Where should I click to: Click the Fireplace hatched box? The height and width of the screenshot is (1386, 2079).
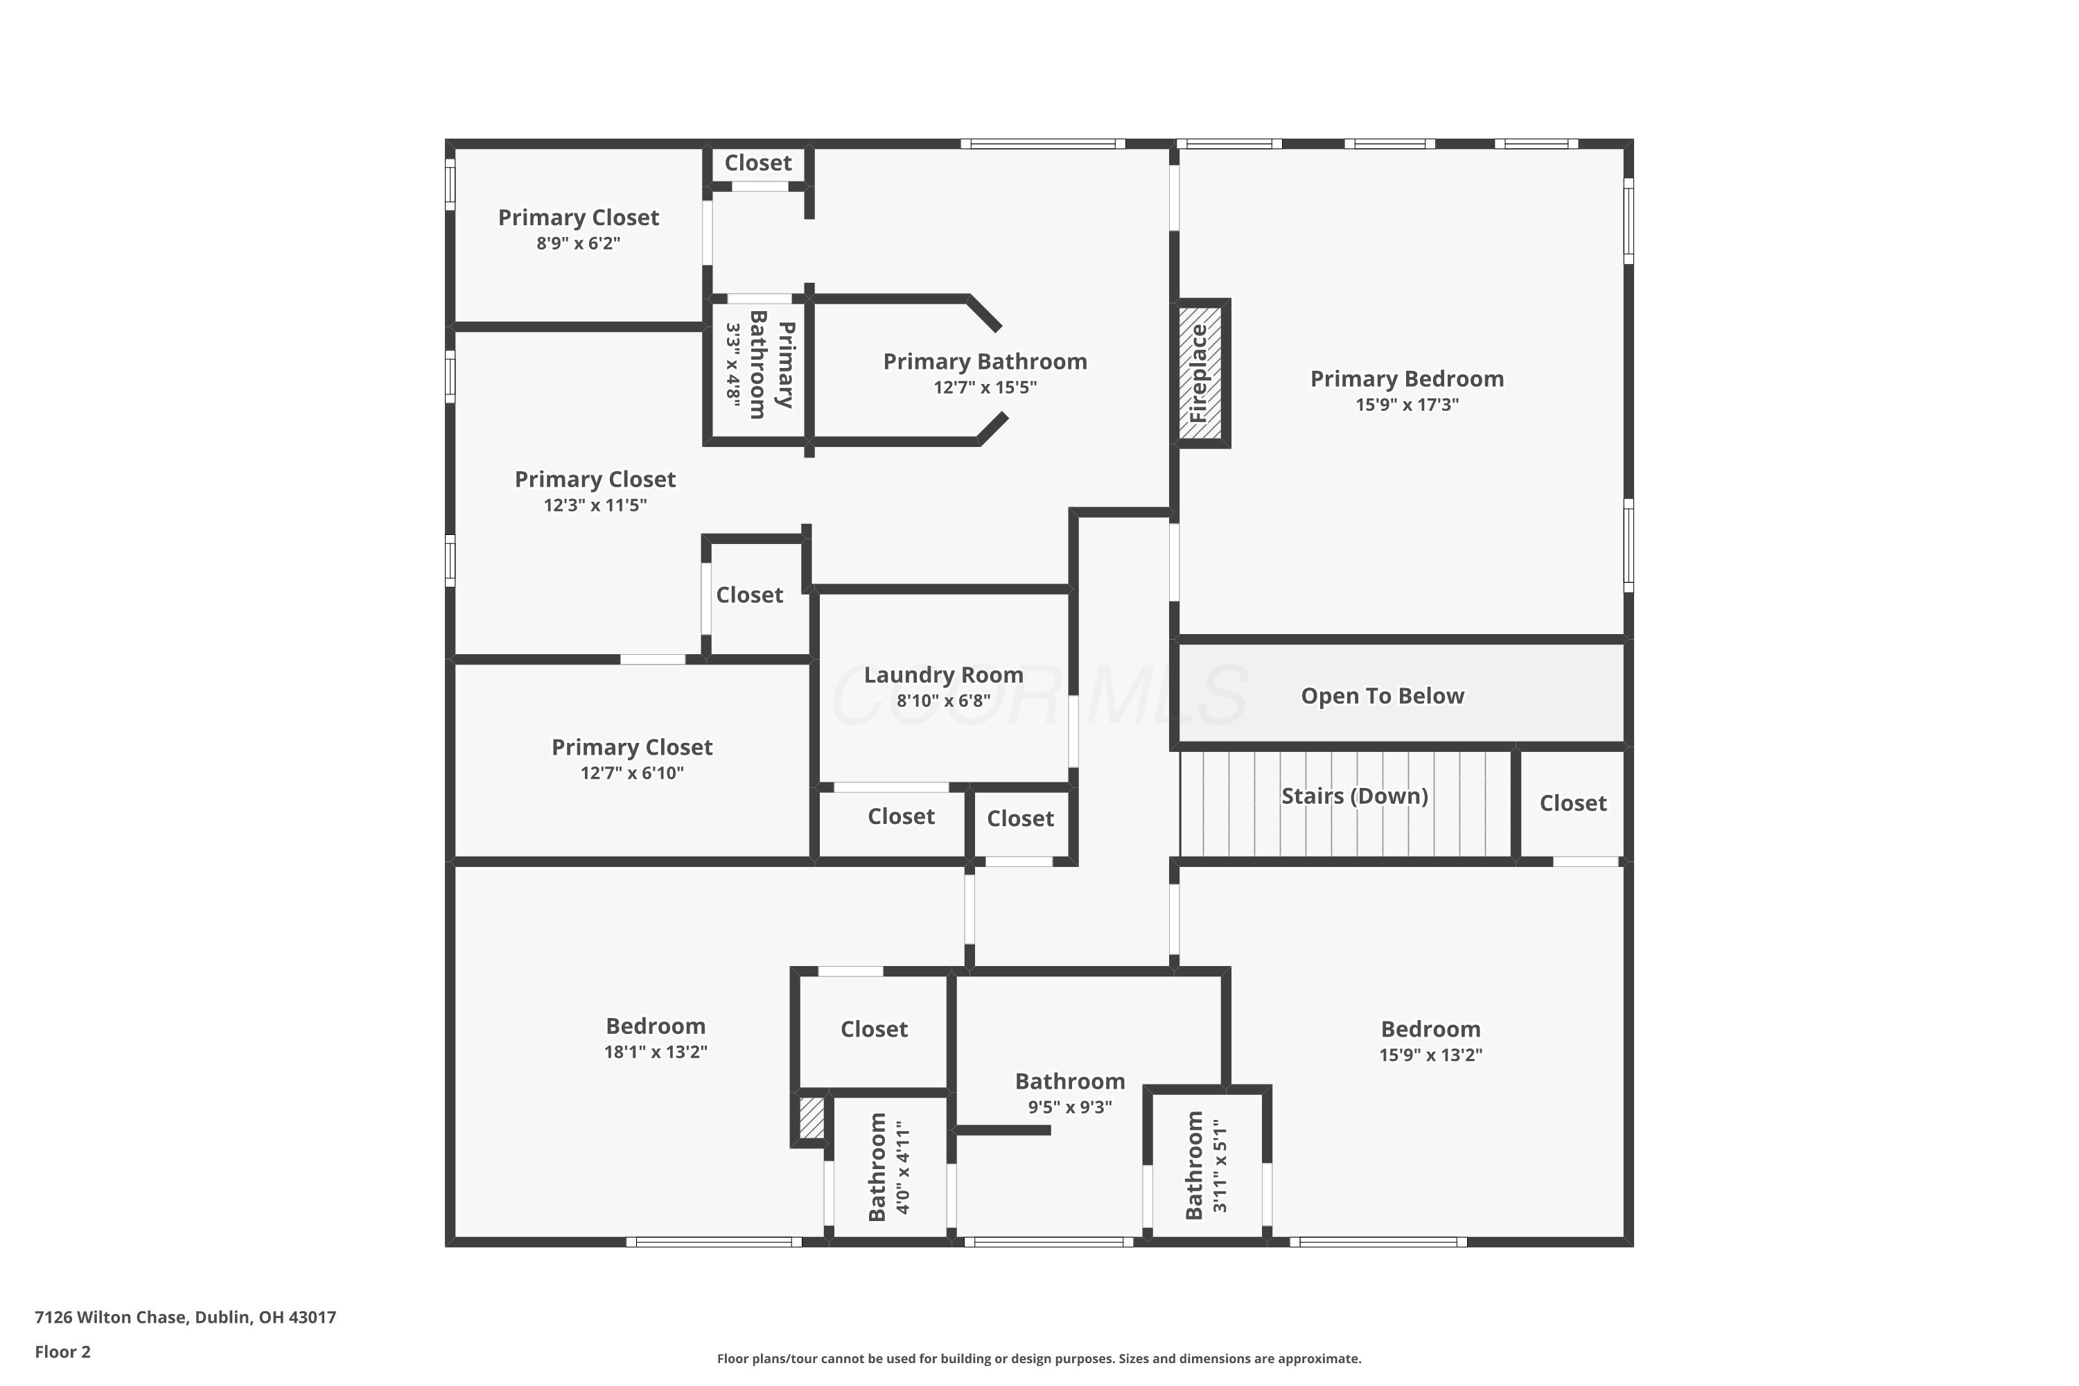(1200, 373)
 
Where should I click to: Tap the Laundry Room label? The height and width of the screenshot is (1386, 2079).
(943, 675)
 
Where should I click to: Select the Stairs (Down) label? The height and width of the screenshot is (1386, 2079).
(1354, 796)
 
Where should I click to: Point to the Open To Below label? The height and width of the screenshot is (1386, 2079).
(1382, 696)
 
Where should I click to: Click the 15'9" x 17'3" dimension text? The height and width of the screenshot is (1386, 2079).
(1406, 405)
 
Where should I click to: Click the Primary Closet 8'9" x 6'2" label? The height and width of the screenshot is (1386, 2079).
(578, 218)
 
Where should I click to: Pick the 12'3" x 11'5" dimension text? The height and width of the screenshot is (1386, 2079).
(595, 506)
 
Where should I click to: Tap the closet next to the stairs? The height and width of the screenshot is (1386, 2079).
(1572, 803)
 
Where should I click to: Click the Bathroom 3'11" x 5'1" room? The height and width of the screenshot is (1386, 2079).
(1207, 1165)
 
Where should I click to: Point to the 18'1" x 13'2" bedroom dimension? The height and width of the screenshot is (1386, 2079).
(655, 1052)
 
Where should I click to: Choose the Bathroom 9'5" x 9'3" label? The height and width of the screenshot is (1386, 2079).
(1069, 1082)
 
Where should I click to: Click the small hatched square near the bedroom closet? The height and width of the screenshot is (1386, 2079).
(812, 1119)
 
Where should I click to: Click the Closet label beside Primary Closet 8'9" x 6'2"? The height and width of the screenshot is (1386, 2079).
(757, 164)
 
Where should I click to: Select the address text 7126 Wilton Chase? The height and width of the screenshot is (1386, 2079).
(185, 1317)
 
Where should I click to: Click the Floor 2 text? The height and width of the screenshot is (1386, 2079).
(63, 1351)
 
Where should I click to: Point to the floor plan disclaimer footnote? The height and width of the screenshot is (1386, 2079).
(1039, 1358)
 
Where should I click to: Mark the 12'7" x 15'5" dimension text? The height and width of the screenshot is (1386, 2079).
(985, 387)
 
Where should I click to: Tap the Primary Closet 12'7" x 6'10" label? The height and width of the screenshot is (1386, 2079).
(631, 748)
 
